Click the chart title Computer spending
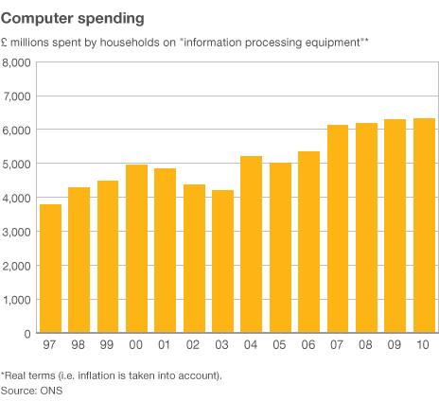point(72,17)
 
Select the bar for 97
point(51,269)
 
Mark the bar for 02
point(195,259)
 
